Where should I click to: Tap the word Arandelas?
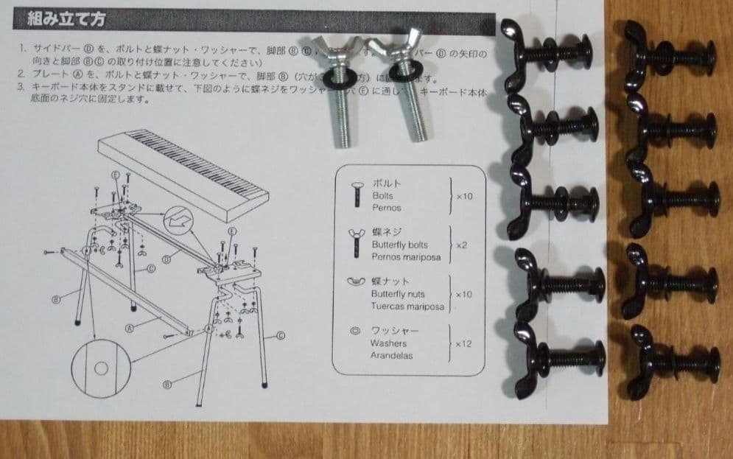(x=392, y=355)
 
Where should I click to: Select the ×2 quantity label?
(x=462, y=245)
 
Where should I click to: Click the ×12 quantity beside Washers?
(x=463, y=344)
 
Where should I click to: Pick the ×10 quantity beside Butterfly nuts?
(x=463, y=295)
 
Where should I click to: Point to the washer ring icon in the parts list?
(x=354, y=331)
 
